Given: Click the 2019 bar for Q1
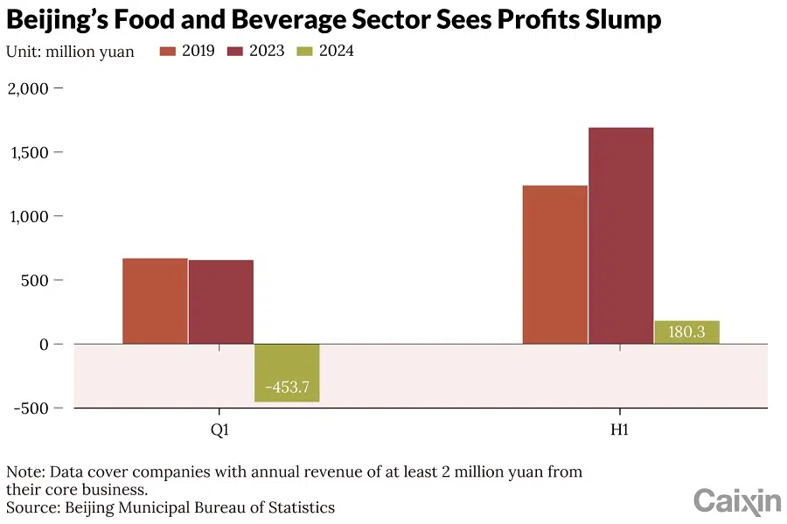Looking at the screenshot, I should [x=155, y=301].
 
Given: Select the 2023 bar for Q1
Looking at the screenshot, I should [x=221, y=302].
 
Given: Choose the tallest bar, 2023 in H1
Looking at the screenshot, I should [x=621, y=235].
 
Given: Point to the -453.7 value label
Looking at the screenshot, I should [x=287, y=387].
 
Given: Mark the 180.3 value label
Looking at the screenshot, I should [x=686, y=332].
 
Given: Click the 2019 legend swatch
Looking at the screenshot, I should [x=169, y=51].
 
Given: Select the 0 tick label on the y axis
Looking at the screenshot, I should [x=44, y=344].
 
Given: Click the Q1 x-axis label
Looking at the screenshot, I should [x=220, y=430].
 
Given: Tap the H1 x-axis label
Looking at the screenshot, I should [x=620, y=430].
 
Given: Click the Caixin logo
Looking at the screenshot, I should [x=737, y=500].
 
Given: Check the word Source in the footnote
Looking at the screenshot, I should [x=29, y=507].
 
